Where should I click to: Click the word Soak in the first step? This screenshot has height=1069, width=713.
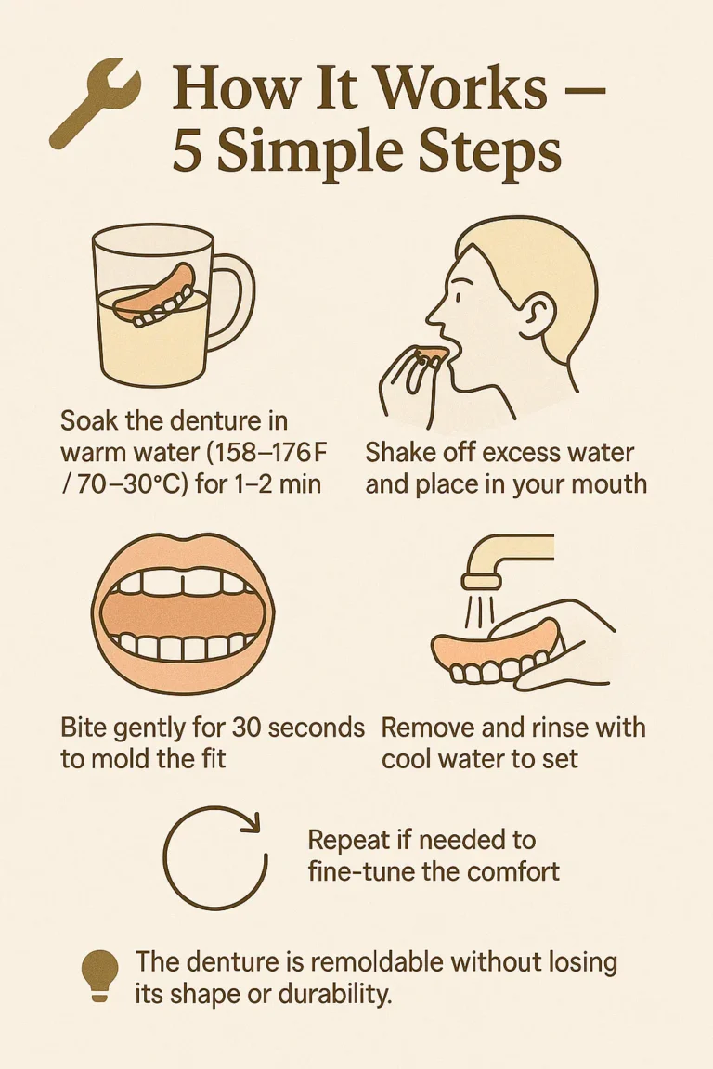(90, 420)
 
